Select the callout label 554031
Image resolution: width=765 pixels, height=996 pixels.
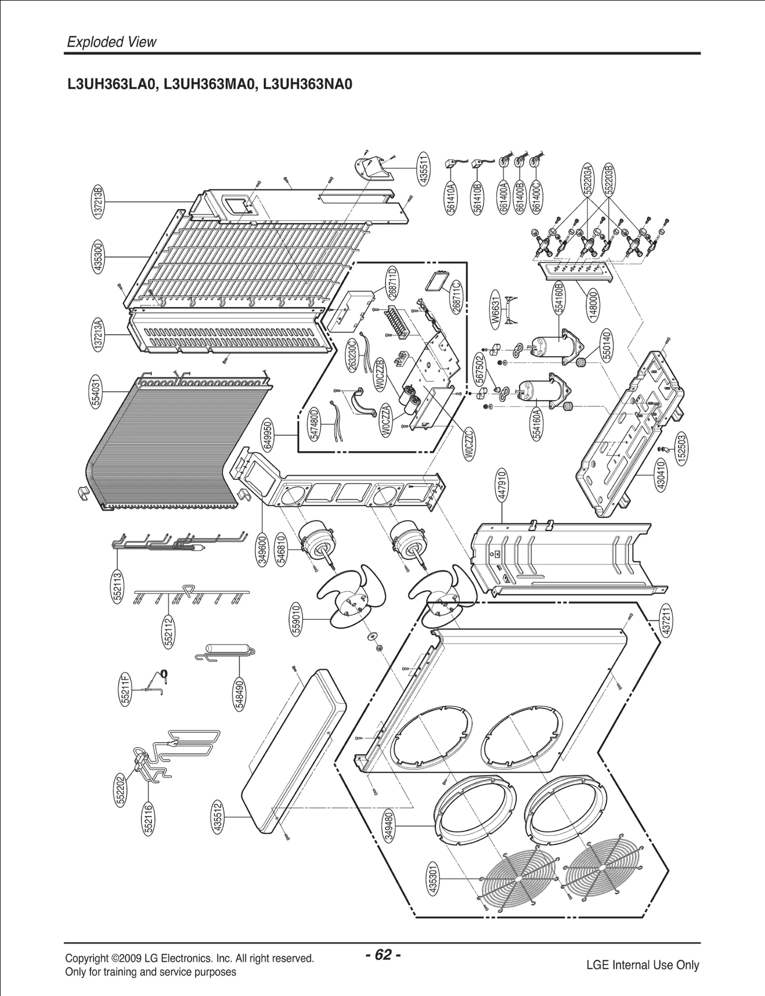(97, 392)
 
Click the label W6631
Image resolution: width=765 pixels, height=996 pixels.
(496, 311)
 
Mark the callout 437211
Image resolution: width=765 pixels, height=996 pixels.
(667, 619)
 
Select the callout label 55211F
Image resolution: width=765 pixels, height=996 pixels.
(125, 689)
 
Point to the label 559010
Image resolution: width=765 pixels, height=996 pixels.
(296, 619)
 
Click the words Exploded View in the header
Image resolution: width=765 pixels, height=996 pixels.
(111, 42)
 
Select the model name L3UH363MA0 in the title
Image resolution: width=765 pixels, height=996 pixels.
(210, 85)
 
